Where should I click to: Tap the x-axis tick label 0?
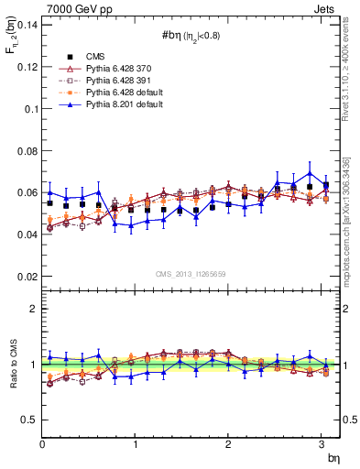[x=42, y=444]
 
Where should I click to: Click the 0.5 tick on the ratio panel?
[x=28, y=420]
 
